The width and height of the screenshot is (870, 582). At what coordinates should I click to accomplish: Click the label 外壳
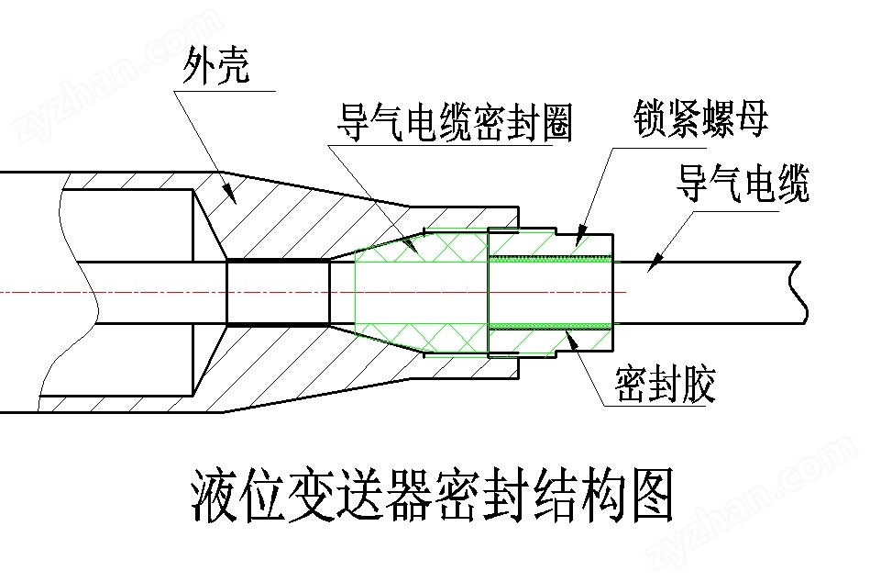[x=215, y=65]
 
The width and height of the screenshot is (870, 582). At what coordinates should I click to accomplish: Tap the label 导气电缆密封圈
[x=455, y=123]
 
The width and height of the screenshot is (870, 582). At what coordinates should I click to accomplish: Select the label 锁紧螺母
[x=700, y=118]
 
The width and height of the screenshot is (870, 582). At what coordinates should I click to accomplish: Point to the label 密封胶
[x=665, y=384]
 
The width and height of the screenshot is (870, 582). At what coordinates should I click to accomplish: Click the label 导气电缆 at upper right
[x=743, y=183]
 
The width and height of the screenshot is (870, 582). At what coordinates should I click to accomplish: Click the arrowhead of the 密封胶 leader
[x=571, y=338]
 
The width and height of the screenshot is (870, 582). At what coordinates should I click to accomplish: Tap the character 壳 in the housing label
[x=233, y=65]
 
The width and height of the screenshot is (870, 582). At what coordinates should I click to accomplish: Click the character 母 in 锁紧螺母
[x=751, y=118]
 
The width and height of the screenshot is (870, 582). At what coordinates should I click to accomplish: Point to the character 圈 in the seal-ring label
[x=556, y=123]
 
